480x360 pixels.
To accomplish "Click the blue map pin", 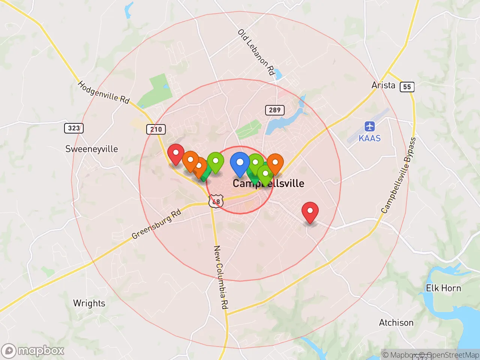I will (240, 163).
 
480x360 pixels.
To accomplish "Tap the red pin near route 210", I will (175, 153).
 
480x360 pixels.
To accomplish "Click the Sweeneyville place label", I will (91, 149).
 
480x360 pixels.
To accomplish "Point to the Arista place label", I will (383, 85).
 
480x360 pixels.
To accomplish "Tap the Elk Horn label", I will (443, 288).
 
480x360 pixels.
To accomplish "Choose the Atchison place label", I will (396, 322).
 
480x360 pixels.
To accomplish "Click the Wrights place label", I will (89, 303).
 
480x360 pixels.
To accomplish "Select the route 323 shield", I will (73, 128).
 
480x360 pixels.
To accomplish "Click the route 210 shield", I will (156, 129).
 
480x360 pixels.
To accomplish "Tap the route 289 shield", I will (274, 110).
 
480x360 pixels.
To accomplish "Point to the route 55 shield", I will (407, 87).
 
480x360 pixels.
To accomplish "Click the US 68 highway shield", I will (216, 201).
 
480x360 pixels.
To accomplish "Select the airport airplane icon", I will (369, 126).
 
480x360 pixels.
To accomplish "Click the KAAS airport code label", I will (369, 138).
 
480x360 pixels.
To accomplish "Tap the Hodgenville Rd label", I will (103, 92).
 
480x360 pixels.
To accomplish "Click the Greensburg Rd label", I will (156, 225).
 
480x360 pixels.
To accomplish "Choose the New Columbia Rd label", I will (220, 277).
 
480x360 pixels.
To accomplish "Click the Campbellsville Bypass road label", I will (399, 175).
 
